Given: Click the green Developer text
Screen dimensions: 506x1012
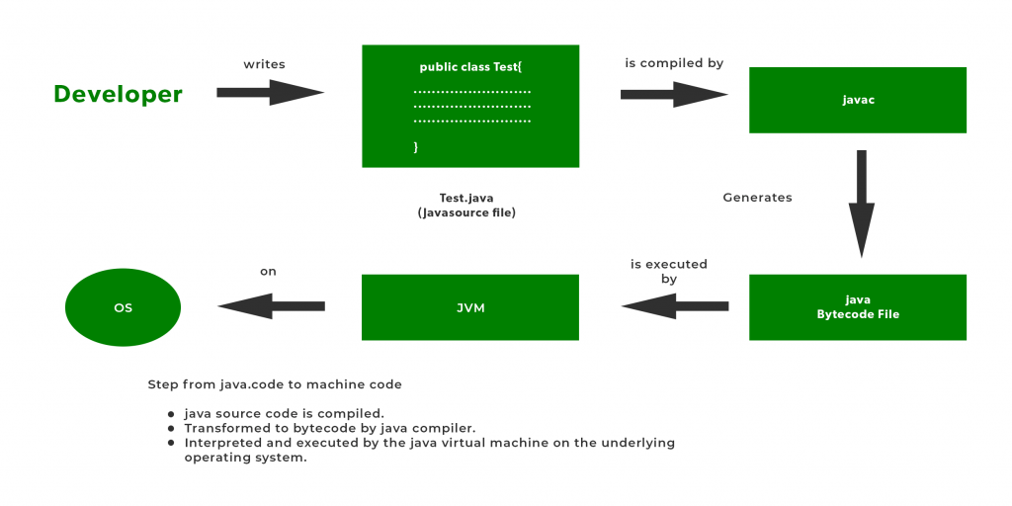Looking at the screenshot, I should point(118,94).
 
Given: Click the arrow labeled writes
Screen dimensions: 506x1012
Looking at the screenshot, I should point(270,93).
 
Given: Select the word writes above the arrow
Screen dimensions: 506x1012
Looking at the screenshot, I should point(264,64).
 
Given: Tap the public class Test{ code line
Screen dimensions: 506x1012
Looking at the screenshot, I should point(469,67).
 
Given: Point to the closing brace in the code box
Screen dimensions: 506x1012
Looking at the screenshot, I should point(416,146).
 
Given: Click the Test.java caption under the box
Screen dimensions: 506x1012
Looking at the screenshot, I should point(466,198).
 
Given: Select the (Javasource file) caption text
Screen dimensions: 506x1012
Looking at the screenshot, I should point(466,212).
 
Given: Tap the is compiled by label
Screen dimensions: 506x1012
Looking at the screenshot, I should point(674,63).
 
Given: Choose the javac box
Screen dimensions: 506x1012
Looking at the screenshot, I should point(857,100).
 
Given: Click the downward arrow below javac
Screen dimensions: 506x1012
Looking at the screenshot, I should point(862,203).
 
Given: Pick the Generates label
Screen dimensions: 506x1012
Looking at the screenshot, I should point(757,198).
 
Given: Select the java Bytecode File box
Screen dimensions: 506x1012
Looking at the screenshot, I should point(857,307).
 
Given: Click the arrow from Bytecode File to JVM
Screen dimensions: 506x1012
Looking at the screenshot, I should point(674,307).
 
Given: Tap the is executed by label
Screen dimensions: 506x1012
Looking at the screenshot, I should point(669,272).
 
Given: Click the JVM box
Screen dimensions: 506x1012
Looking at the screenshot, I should point(469,307).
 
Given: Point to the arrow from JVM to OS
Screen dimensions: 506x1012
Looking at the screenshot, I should point(271,307).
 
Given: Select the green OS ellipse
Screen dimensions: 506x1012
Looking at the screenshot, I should point(123,307).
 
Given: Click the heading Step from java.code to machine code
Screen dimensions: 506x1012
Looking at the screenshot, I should point(275,384).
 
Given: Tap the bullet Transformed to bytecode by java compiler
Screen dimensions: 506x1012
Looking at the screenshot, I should point(330,428).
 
